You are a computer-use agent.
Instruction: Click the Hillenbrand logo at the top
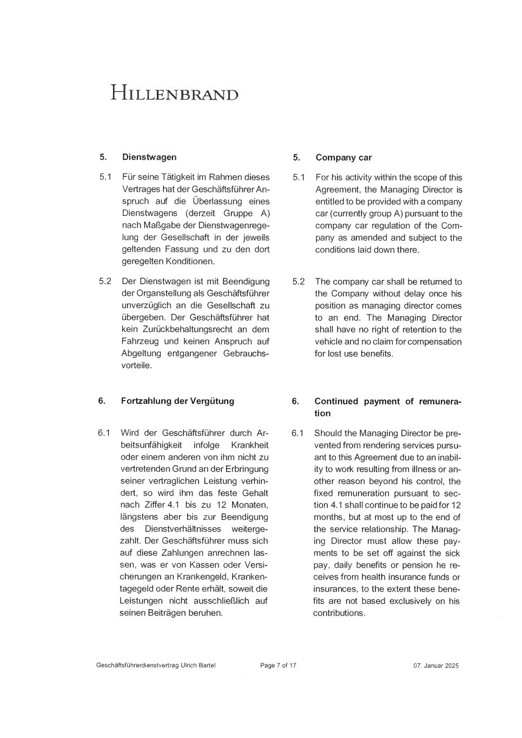(174, 93)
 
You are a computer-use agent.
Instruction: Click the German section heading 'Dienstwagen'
(149, 157)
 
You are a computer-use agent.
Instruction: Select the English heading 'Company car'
(343, 158)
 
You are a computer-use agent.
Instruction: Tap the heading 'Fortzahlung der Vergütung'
(177, 401)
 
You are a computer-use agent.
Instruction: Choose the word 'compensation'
(434, 342)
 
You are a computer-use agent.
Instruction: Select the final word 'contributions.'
(339, 613)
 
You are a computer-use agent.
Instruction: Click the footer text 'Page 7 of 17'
(278, 666)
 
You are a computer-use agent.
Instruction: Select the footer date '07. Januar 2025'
(435, 666)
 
